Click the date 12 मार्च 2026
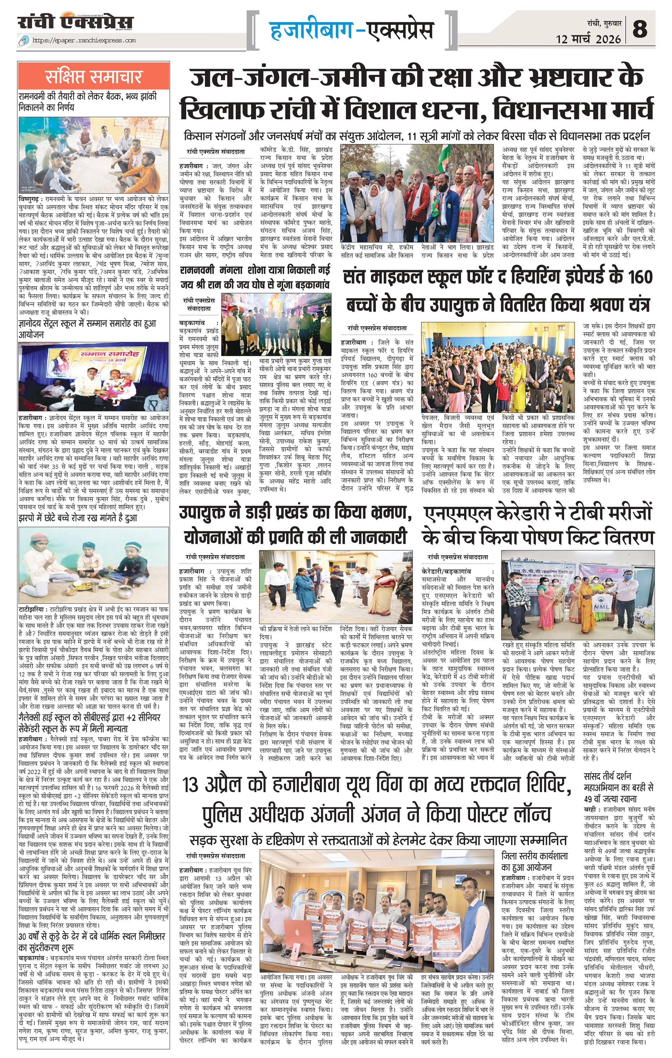point(588,39)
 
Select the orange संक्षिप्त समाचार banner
point(93,76)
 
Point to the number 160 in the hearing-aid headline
point(640,278)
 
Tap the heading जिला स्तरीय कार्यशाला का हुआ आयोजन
point(534,861)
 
